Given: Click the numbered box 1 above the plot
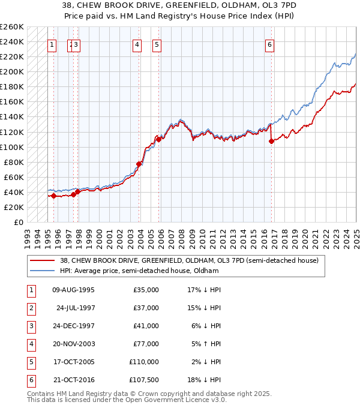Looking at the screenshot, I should (52, 44).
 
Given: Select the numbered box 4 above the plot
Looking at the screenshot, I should (137, 44).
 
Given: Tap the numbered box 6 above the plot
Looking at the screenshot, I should (270, 44).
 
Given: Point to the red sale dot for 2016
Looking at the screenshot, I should (272, 142).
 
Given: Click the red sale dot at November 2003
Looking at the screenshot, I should (139, 164).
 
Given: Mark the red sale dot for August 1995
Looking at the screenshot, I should (53, 196).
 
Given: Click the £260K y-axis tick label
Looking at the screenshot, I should (12, 27).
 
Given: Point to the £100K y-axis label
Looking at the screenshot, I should (12, 147).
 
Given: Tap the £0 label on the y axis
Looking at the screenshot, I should (18, 222).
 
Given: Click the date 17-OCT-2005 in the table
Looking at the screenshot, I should (74, 362).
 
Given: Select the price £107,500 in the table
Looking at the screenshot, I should (145, 380).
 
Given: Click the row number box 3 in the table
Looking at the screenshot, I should (31, 326).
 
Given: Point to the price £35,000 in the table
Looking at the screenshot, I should (146, 290).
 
